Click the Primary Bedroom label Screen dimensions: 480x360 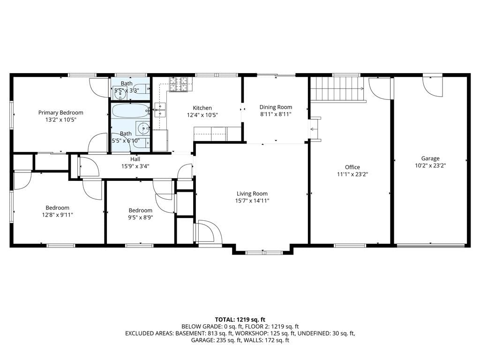(60, 112)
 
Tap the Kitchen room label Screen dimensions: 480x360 (202, 108)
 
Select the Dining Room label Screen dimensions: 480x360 (276, 107)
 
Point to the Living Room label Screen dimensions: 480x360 (252, 194)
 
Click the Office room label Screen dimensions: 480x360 (352, 167)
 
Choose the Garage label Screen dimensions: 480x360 (430, 158)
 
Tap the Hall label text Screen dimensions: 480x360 (135, 159)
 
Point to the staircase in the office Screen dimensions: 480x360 (338, 89)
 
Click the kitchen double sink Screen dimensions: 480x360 (160, 110)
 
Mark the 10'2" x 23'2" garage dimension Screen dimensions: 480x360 (430, 165)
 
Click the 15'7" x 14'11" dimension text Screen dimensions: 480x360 (252, 201)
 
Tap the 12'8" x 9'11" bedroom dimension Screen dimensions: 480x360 (58, 215)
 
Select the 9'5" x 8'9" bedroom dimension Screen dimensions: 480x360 (141, 217)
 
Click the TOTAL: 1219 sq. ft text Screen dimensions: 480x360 (240, 320)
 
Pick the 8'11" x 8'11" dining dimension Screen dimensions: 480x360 (276, 114)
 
